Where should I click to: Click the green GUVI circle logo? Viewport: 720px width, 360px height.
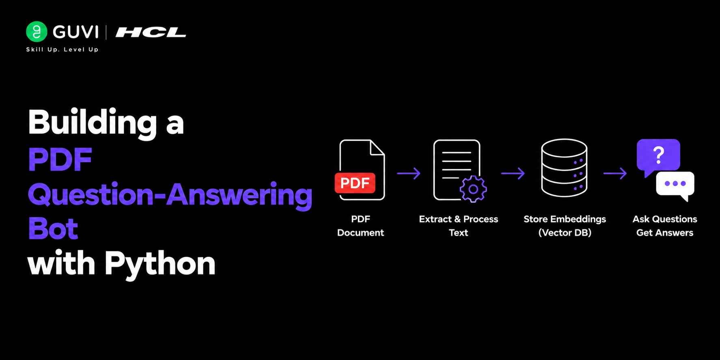tap(37, 32)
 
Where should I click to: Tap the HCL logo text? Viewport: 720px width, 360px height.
tap(151, 32)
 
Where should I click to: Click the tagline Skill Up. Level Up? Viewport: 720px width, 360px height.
tap(63, 50)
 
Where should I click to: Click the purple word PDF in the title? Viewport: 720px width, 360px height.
tap(60, 159)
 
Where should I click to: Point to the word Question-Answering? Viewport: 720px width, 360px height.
tap(170, 195)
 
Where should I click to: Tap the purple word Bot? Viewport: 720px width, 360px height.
tap(53, 229)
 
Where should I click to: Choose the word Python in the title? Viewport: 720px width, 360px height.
tap(160, 264)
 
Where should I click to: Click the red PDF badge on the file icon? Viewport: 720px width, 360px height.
tap(355, 183)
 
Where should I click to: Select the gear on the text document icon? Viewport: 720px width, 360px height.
tap(473, 189)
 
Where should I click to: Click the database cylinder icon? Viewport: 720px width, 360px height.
tap(564, 168)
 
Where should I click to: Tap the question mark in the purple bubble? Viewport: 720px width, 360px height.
tap(658, 155)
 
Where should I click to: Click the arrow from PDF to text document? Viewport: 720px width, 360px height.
tap(409, 173)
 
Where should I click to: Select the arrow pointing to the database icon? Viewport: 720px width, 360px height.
tap(513, 173)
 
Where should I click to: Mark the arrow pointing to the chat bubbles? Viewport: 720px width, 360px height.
tap(615, 173)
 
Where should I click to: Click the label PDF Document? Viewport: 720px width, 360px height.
tap(360, 226)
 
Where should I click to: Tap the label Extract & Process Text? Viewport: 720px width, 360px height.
tap(459, 226)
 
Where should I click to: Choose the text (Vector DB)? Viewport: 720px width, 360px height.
tap(565, 233)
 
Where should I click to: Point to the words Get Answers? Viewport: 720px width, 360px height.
tap(665, 233)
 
